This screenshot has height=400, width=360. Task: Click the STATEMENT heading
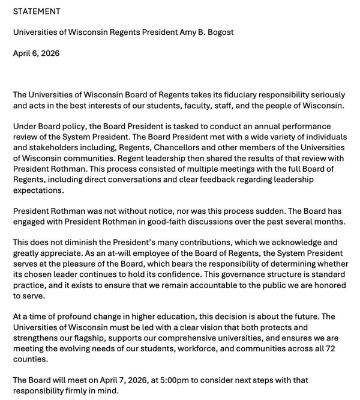pos(37,11)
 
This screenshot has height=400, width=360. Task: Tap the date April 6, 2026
pos(37,53)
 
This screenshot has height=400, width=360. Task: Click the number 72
pos(329,349)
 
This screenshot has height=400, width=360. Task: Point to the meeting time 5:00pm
pos(170,380)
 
